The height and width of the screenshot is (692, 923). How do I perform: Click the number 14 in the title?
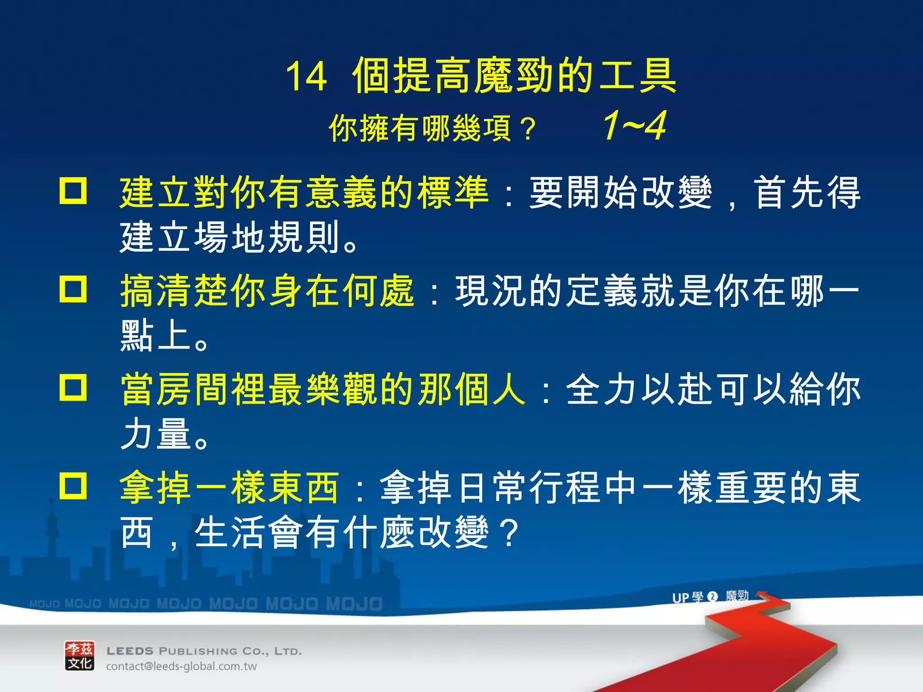tap(306, 77)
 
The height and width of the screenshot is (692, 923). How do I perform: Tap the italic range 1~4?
tap(635, 126)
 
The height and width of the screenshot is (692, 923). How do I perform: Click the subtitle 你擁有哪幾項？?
tap(433, 128)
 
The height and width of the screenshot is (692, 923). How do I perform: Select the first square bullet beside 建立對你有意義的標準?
tap(73, 191)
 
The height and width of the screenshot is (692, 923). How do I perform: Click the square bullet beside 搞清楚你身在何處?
tap(73, 289)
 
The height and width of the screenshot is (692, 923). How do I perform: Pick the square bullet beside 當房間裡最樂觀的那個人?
tap(73, 387)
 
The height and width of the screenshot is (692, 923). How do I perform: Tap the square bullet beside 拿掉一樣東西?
tap(73, 486)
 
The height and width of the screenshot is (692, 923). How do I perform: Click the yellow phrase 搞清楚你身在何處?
tap(267, 291)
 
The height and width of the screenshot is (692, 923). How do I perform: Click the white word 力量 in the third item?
tap(155, 433)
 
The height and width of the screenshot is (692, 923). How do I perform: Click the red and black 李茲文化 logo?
tap(80, 656)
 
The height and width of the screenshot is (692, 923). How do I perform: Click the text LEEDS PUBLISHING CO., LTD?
tap(204, 651)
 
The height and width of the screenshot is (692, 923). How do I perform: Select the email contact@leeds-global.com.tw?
tap(181, 666)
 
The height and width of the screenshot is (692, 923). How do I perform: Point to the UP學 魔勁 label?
tap(710, 597)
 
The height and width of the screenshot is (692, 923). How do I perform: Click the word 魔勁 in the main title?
tap(514, 76)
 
